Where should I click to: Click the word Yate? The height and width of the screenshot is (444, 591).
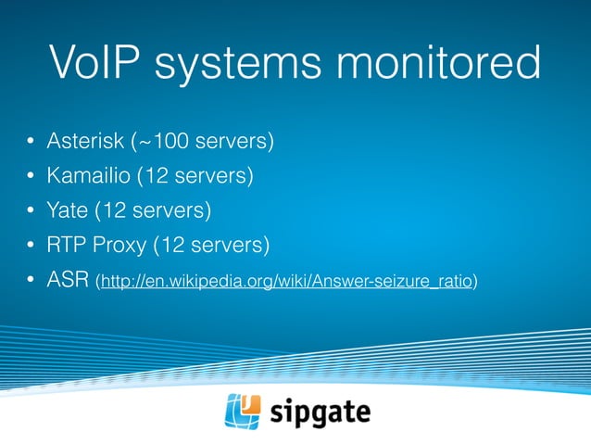point(68,210)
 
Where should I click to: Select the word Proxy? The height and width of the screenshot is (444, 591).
point(122,245)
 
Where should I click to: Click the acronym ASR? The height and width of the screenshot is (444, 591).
point(69,279)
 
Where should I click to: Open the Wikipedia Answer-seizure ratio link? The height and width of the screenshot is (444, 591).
point(287,281)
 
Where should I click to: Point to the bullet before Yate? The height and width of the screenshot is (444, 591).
point(30,211)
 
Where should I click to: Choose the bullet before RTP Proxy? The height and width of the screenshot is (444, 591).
point(30,246)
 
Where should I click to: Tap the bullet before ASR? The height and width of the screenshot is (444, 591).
point(30,280)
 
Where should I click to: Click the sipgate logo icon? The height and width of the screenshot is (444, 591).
point(244,412)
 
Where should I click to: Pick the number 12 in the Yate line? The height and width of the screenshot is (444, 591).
point(118,210)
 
